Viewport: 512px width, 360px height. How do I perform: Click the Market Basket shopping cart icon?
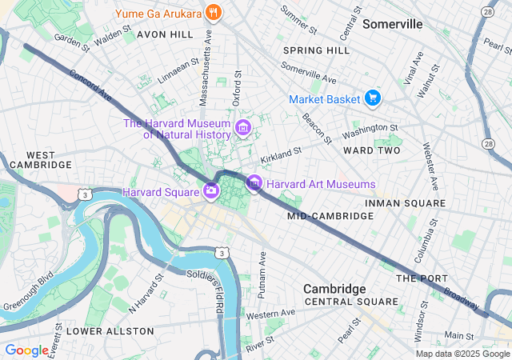371,98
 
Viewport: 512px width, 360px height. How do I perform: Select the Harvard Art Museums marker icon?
254,184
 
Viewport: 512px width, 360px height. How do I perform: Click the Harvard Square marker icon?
210,190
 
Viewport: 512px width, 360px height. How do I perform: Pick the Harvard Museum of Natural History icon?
243,128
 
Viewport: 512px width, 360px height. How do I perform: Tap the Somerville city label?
392,24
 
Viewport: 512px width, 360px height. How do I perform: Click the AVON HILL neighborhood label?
165,35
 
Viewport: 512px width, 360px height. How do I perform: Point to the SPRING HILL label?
316,50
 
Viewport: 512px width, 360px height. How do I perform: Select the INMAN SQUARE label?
404,203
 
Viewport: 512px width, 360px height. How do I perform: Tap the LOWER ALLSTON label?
110,330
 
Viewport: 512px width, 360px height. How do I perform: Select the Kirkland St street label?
281,150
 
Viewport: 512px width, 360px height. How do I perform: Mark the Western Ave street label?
270,314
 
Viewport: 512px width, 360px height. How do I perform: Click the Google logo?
26,350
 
